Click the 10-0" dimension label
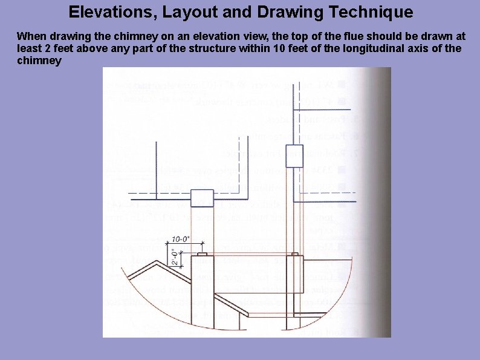coord(181,239)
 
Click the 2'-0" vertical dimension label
coord(174,257)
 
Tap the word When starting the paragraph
coord(30,36)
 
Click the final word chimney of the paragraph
coord(39,61)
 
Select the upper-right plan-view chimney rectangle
coord(294,156)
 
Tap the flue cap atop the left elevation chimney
coord(202,253)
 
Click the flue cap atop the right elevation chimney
coord(294,254)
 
